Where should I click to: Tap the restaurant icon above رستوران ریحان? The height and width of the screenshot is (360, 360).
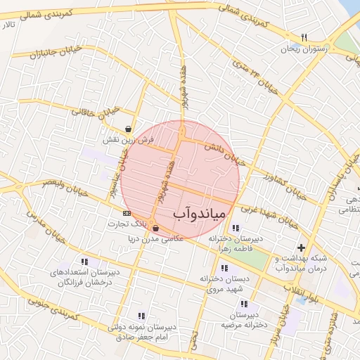pos(304,37)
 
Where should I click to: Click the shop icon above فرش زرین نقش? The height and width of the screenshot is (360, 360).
pos(127,129)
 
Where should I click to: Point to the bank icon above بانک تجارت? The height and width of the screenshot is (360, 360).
pos(127,212)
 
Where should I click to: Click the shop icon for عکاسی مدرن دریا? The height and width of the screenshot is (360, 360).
pos(155,229)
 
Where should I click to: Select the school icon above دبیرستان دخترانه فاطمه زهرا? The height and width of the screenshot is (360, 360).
pos(235,228)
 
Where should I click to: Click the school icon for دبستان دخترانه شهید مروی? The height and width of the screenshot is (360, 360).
pos(224,268)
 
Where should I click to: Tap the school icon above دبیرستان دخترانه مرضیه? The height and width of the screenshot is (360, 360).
pos(244,304)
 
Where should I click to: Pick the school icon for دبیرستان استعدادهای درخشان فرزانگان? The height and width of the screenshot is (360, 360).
pos(85,262)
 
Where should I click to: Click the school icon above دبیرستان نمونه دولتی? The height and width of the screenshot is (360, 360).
pos(141,316)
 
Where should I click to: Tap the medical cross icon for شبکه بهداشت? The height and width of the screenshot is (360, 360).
pos(302,247)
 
